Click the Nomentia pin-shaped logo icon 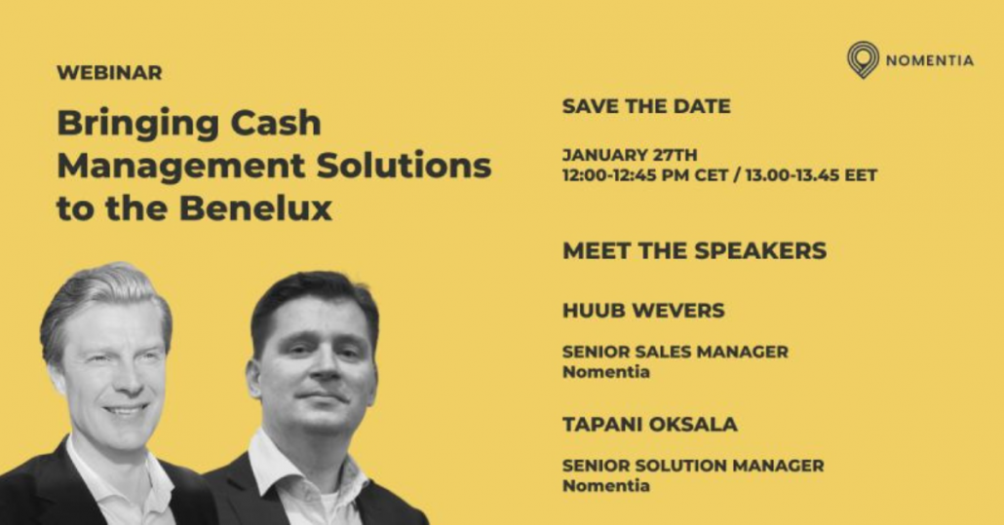point(863,60)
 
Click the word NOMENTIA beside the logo point(930,60)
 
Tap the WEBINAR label point(109,72)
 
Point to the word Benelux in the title point(255,207)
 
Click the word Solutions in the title point(404,165)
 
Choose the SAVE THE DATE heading point(646,105)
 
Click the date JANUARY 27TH point(630,155)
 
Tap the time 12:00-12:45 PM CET point(644,174)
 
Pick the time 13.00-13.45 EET point(811,174)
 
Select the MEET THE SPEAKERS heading point(695,250)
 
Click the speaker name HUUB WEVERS point(643,310)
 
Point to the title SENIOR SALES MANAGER point(676,351)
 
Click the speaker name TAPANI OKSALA point(650,424)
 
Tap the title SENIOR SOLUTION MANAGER point(693,465)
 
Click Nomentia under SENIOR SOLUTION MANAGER point(605,485)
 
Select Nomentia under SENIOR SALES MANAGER point(605,371)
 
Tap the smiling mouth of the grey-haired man point(126,408)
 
